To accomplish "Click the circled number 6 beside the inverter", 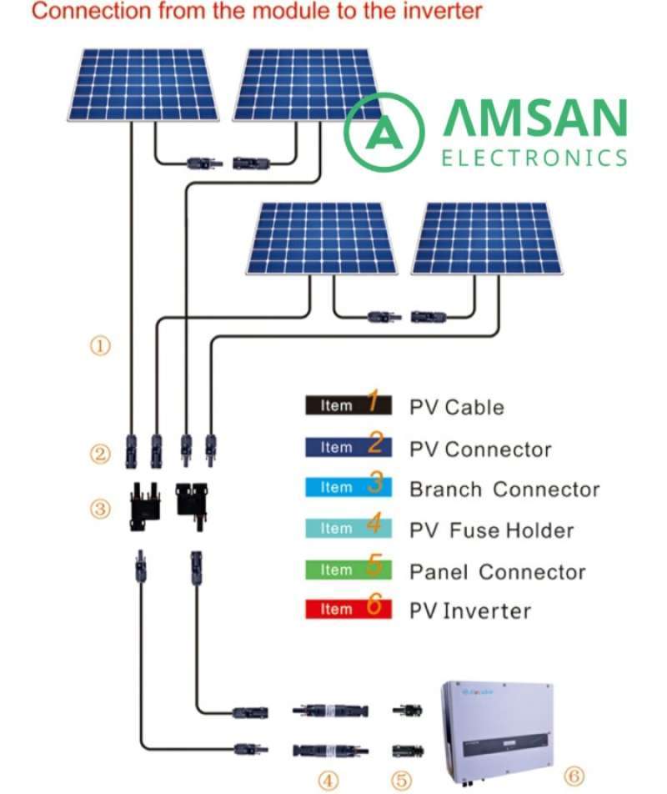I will pos(573,776).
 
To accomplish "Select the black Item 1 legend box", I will pos(348,405).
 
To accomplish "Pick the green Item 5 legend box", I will pos(348,569).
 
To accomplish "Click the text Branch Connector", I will pos(504,489).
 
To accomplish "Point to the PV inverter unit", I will pos(497,718).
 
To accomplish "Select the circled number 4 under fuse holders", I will pos(328,780).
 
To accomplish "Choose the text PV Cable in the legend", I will pos(456,407).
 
